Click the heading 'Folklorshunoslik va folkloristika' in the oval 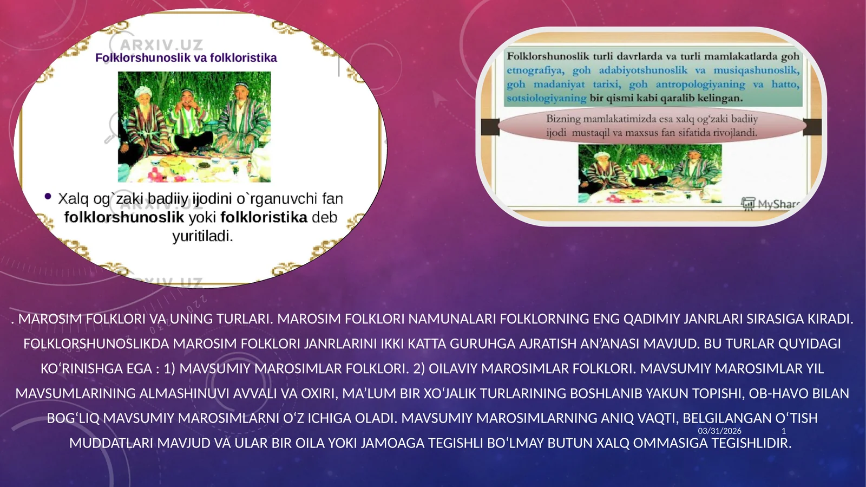(x=186, y=58)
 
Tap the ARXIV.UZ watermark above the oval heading (x=161, y=44)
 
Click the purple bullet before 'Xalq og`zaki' (x=48, y=197)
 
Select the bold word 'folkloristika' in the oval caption (x=264, y=217)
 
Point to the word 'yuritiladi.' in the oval (x=202, y=236)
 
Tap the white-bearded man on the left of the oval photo (x=145, y=119)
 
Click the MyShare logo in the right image (x=770, y=204)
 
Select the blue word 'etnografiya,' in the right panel (x=535, y=70)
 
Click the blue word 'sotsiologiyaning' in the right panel (x=546, y=99)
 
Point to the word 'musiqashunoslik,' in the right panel (x=756, y=70)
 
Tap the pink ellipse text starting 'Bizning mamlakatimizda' (x=652, y=126)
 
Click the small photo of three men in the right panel (x=649, y=173)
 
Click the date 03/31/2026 (x=719, y=431)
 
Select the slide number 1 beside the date (x=784, y=431)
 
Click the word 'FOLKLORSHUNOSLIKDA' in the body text (x=96, y=344)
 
